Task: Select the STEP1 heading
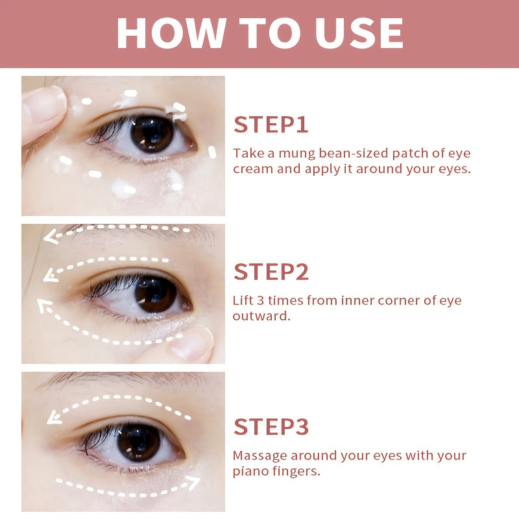(271, 124)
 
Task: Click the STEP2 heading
(271, 272)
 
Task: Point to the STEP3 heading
(271, 426)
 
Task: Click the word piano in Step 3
(248, 471)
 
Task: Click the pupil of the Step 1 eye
(152, 132)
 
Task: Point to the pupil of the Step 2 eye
(156, 293)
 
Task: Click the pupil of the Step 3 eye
(139, 443)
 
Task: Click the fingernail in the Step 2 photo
(195, 343)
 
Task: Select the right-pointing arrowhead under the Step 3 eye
(193, 482)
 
